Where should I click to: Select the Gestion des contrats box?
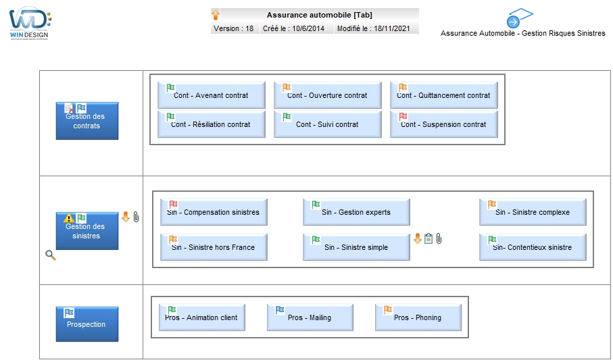(x=87, y=121)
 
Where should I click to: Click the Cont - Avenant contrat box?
(x=211, y=95)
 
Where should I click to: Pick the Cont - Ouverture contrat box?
(x=327, y=95)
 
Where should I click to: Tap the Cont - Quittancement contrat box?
(x=444, y=95)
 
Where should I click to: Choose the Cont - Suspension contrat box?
(x=444, y=124)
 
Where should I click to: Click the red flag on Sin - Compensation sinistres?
(x=173, y=205)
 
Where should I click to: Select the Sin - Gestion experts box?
(x=356, y=212)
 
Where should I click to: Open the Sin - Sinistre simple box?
(x=356, y=247)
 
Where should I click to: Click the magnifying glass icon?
(x=51, y=255)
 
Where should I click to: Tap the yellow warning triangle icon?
(x=68, y=218)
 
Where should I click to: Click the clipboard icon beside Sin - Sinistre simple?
(x=428, y=238)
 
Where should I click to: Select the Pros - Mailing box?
(x=310, y=317)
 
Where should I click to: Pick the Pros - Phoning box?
(x=418, y=317)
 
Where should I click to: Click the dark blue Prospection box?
(x=87, y=324)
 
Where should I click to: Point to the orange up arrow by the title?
(x=216, y=15)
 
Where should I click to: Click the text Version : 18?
(x=233, y=28)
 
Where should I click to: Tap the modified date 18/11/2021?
(x=392, y=28)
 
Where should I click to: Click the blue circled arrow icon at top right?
(x=513, y=22)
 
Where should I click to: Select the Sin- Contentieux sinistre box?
(x=533, y=247)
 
